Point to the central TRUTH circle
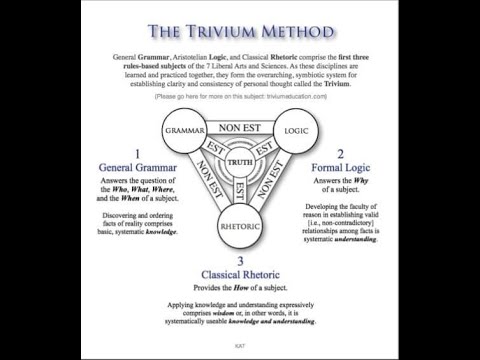pyautogui.click(x=241, y=163)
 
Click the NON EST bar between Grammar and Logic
pyautogui.click(x=241, y=128)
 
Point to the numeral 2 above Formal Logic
pyautogui.click(x=339, y=151)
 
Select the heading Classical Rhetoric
pyautogui.click(x=240, y=273)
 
